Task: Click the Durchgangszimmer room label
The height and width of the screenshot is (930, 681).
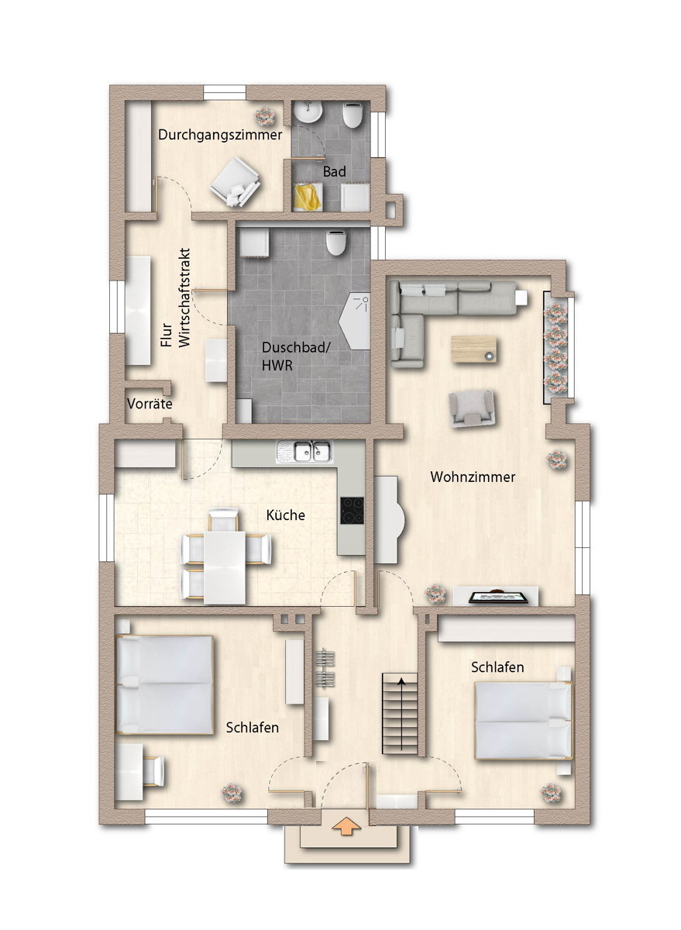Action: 220,136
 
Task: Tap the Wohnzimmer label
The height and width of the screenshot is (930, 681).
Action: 473,477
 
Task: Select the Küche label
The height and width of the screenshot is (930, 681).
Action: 286,515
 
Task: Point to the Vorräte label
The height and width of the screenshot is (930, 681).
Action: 150,404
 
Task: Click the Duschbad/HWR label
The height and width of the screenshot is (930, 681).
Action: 296,356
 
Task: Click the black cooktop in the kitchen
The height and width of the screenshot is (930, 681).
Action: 353,510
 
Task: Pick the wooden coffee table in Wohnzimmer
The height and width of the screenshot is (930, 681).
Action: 473,350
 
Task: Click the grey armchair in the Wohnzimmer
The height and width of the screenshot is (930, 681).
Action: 473,408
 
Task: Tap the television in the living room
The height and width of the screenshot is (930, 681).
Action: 498,597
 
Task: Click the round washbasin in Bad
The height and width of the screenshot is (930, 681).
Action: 308,112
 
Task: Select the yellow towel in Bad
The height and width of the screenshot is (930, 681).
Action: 308,198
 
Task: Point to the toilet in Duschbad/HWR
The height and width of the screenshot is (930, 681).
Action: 335,242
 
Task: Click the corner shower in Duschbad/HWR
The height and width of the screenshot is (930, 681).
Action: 356,322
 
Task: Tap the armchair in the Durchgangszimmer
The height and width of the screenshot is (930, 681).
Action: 235,181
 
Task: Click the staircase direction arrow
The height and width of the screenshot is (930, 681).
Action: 401,714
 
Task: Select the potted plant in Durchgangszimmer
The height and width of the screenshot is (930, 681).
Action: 264,116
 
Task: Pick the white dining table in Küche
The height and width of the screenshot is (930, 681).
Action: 225,567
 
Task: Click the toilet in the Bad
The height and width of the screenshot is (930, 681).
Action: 353,115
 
